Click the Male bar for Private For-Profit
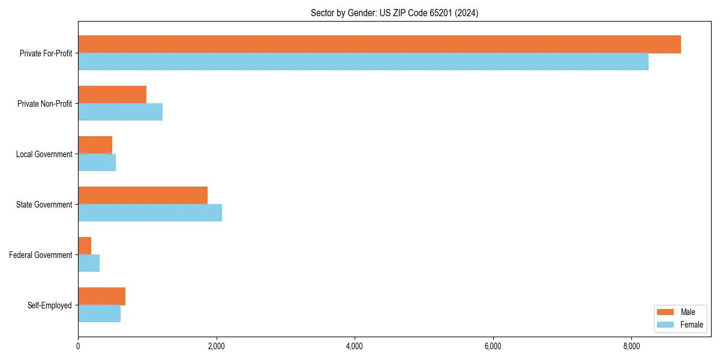point(379,44)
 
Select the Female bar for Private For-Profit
point(363,62)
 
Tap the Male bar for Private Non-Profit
point(112,95)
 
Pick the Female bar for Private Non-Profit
point(120,112)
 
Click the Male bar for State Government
point(143,196)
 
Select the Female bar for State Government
point(150,213)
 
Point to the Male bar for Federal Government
point(85,246)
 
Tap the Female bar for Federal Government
point(89,263)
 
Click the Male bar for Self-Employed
point(101,296)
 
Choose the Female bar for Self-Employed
point(99,314)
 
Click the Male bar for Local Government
point(95,145)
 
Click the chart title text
point(394,13)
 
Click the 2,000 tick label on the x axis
point(216,346)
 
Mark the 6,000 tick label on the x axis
point(493,346)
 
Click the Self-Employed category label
point(49,305)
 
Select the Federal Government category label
point(41,255)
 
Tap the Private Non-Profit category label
point(44,104)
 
